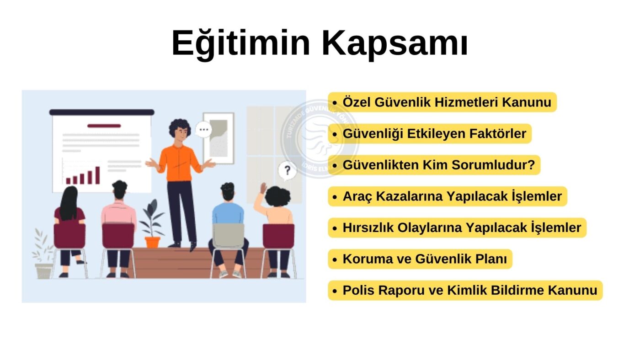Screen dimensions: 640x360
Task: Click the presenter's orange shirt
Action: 179,163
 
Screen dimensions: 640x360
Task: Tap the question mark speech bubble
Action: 287,171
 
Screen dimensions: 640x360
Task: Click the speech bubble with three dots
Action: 204,130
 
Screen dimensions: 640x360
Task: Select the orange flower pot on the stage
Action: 153,243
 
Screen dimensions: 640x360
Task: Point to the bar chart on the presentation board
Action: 83,175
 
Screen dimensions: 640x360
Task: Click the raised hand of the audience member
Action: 263,188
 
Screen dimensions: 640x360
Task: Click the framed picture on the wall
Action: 219,138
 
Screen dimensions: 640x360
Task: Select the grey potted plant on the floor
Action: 43,254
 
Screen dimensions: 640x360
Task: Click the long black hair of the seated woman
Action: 69,203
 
